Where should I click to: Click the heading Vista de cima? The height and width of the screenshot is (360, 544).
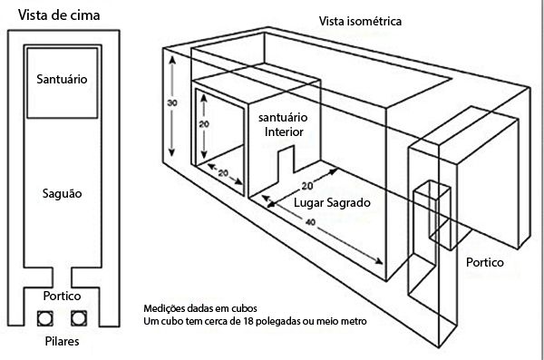(59, 15)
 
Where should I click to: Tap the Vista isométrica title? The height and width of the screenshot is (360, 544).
(360, 21)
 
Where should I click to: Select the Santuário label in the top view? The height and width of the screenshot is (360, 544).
(62, 79)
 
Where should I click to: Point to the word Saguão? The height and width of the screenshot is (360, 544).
(62, 194)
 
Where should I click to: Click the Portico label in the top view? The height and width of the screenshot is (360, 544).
(62, 296)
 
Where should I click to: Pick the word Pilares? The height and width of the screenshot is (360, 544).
(62, 341)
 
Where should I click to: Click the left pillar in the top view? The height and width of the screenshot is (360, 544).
(45, 318)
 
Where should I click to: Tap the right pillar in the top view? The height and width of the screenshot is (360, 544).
(79, 318)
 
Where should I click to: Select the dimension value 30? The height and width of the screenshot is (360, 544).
(172, 103)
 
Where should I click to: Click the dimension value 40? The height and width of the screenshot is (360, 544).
(310, 221)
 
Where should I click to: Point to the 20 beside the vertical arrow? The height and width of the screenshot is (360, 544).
(204, 124)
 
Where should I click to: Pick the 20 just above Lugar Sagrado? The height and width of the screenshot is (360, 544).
(307, 186)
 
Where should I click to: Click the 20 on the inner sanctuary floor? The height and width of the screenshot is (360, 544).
(223, 172)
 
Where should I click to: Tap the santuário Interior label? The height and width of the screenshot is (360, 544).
(283, 124)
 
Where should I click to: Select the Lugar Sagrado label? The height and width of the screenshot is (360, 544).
(332, 203)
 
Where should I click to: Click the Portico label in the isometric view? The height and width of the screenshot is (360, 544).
(485, 262)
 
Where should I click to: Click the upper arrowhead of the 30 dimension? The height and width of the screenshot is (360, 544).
(172, 60)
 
